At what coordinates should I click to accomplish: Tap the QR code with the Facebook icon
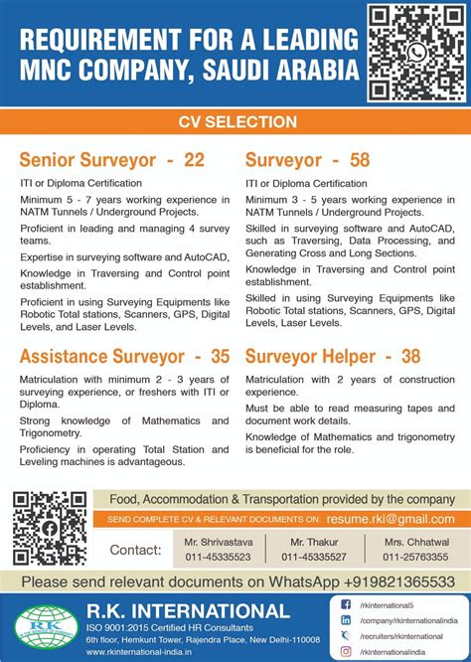51,528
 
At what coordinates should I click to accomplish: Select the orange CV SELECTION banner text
236,122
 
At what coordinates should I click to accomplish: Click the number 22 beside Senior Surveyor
194,159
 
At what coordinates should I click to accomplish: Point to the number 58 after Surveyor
361,159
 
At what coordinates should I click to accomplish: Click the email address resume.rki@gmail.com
396,519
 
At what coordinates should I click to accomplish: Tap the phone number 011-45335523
216,557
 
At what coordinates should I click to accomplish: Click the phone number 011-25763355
414,557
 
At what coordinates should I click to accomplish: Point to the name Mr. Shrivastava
216,542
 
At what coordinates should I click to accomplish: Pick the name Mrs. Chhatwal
414,542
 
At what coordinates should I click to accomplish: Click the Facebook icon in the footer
345,604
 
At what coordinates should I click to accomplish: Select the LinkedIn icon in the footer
345,619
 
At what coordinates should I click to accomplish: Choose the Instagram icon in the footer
345,651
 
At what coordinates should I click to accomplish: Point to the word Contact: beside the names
136,550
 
